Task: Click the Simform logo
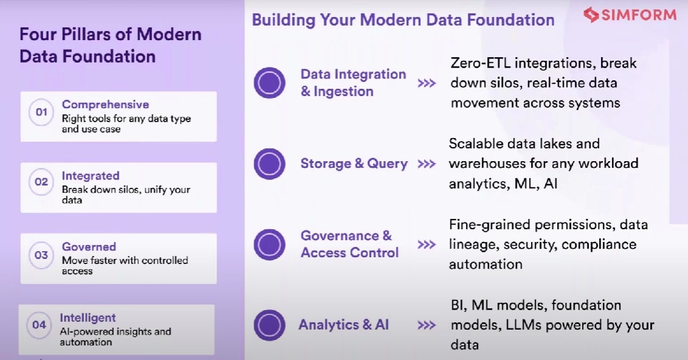click(630, 15)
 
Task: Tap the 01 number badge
click(41, 112)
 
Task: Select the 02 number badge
click(41, 182)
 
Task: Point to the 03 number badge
click(41, 254)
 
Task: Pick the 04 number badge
click(39, 325)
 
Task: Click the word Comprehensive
click(105, 105)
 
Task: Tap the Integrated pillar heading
click(91, 176)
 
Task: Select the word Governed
click(89, 247)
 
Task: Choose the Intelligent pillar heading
click(88, 317)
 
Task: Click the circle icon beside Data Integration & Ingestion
click(269, 83)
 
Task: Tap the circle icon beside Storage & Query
click(269, 164)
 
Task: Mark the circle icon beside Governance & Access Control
click(269, 244)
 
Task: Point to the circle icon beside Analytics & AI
click(269, 325)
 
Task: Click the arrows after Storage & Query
click(426, 164)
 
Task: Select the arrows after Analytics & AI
click(426, 325)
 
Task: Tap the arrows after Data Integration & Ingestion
click(426, 83)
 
